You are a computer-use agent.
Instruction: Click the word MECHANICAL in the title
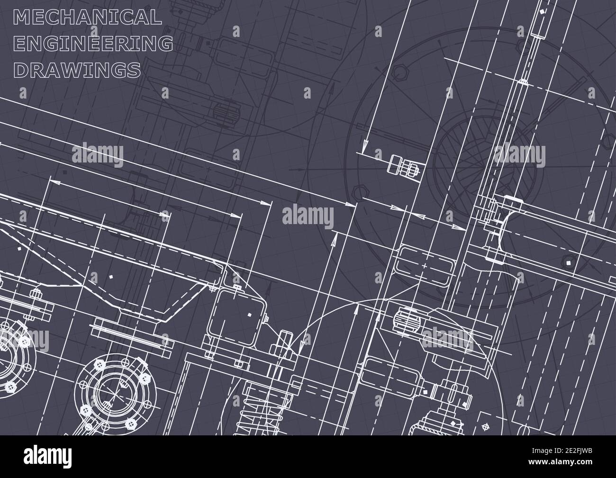88,17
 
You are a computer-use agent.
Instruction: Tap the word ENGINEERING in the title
94,43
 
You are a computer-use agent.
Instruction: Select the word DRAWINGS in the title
78,70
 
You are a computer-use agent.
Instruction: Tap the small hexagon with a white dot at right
568,262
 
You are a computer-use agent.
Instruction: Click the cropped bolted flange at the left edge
9,351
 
